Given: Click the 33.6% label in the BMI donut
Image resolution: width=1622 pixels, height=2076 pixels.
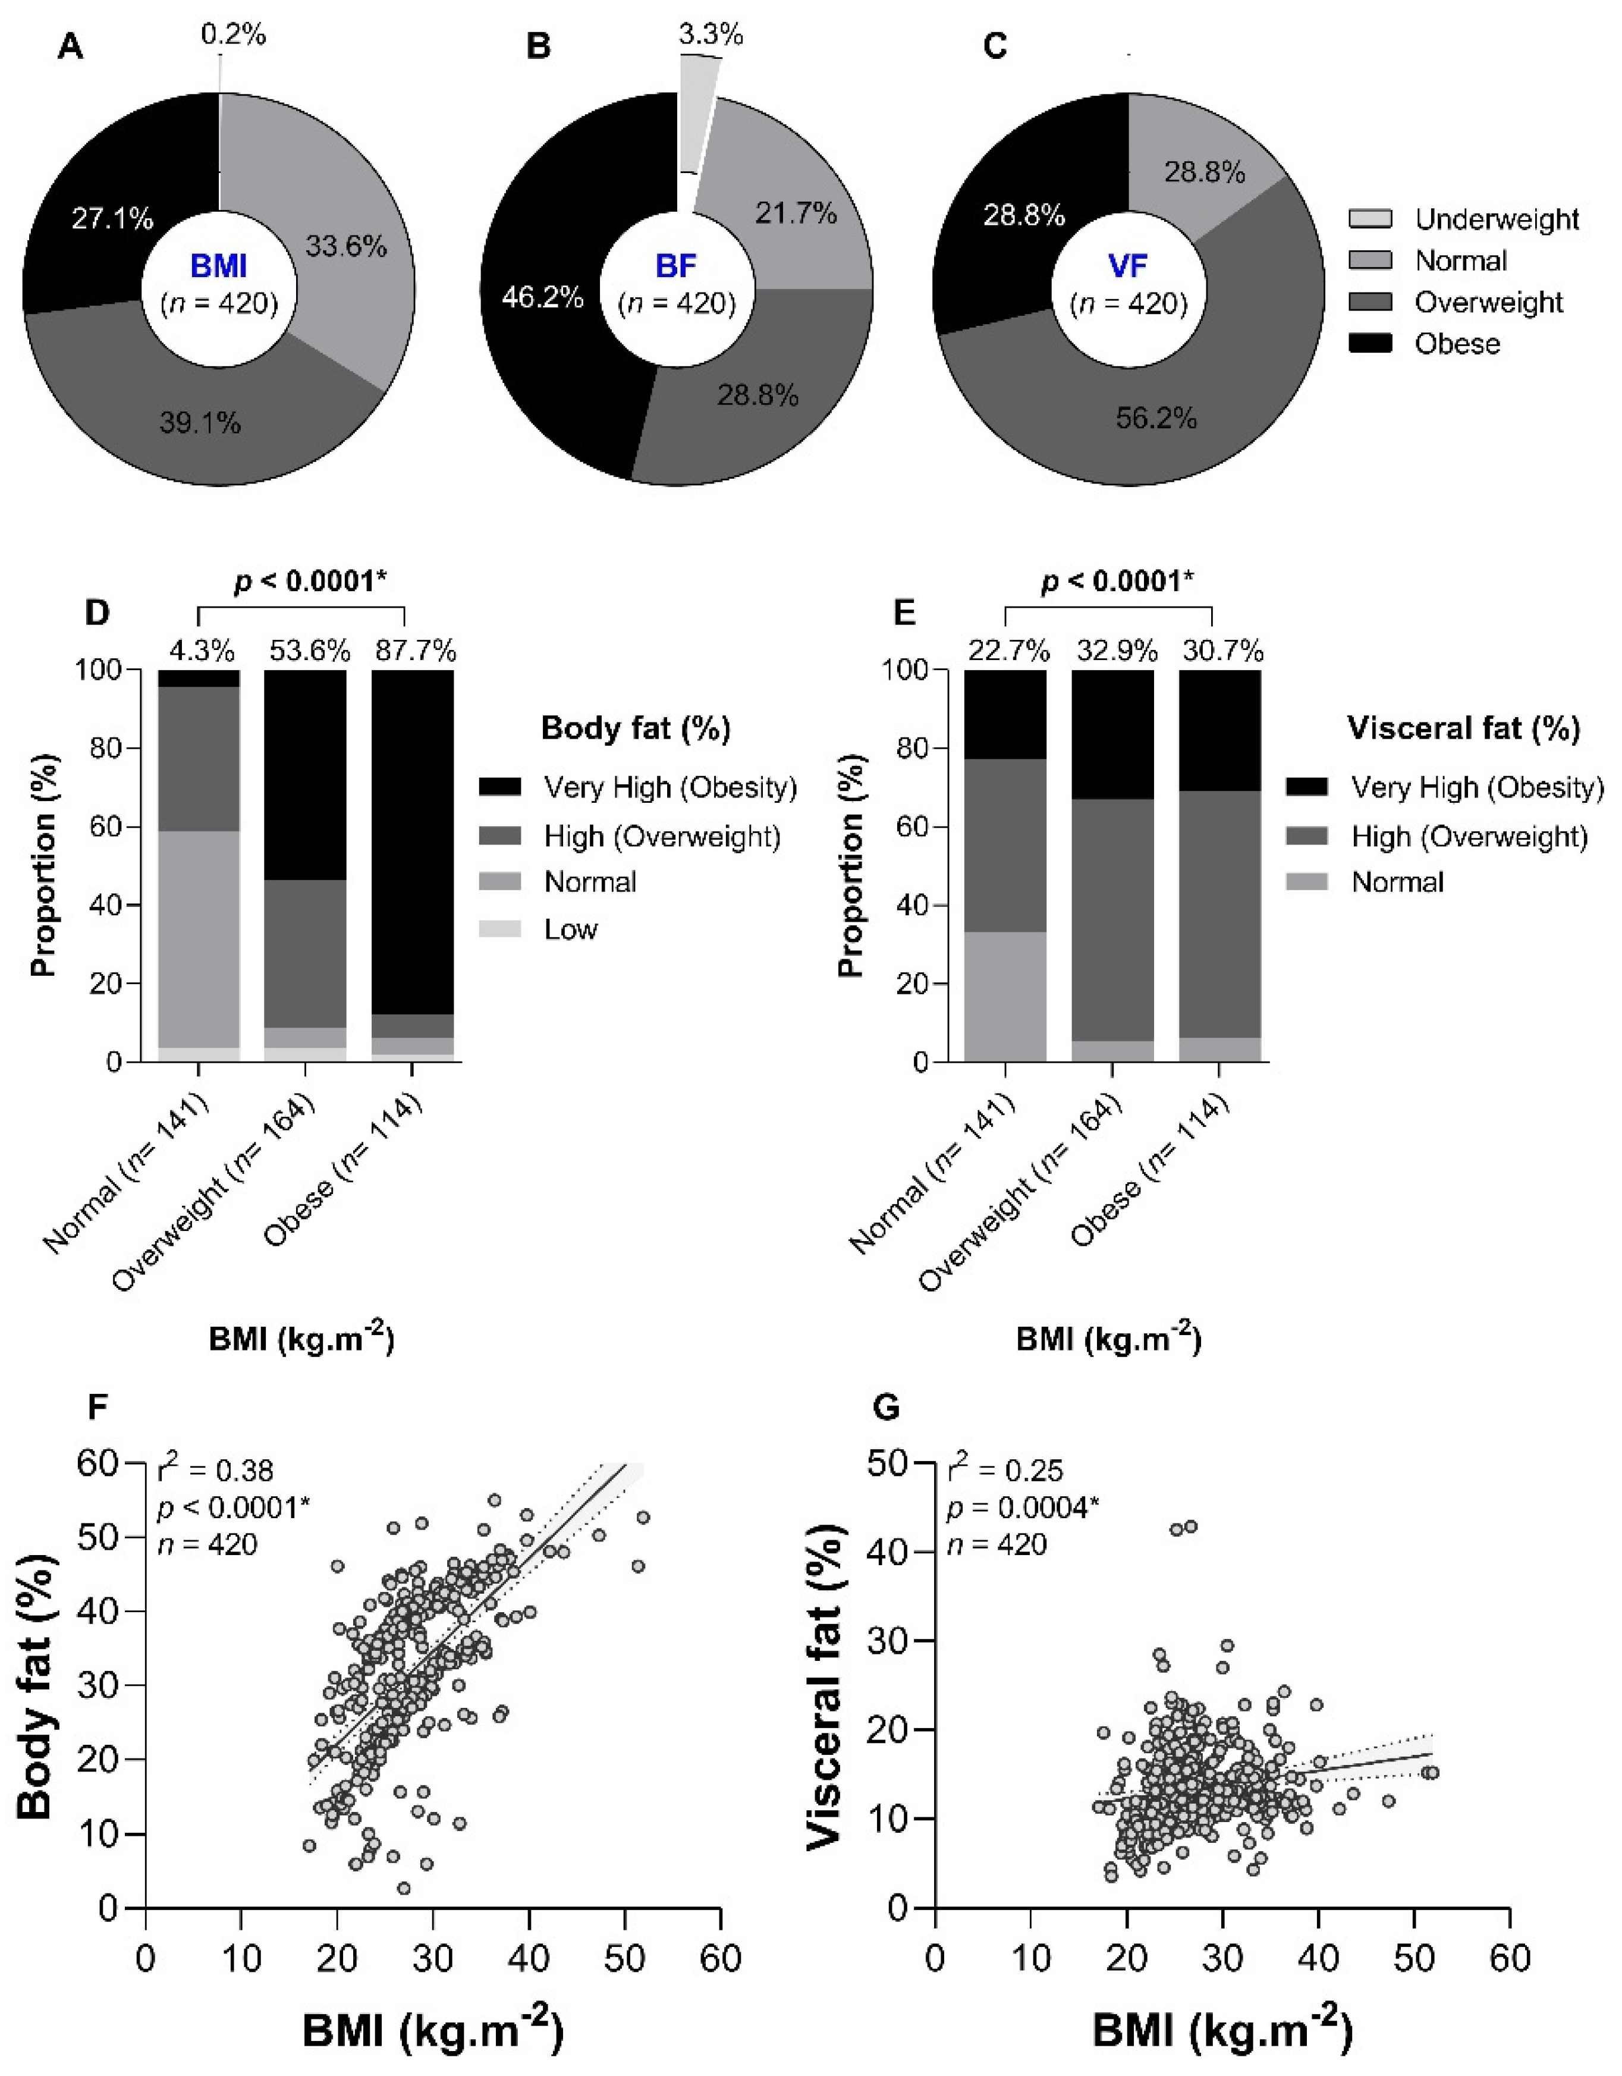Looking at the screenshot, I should [x=346, y=247].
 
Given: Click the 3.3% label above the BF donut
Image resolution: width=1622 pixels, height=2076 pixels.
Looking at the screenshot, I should [x=711, y=35].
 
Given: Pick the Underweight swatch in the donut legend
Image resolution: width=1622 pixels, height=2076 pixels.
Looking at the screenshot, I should [x=1370, y=219].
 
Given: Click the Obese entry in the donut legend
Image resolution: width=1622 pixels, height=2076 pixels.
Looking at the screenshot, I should [x=1457, y=343].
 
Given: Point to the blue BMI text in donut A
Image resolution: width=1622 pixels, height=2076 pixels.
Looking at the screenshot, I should [x=219, y=267].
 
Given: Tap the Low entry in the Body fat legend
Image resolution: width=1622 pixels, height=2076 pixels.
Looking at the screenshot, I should [x=570, y=929].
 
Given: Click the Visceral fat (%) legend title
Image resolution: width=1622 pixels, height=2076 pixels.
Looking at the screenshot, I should [x=1463, y=729].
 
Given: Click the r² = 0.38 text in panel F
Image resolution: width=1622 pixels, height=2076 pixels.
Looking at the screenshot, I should [x=216, y=1471].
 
